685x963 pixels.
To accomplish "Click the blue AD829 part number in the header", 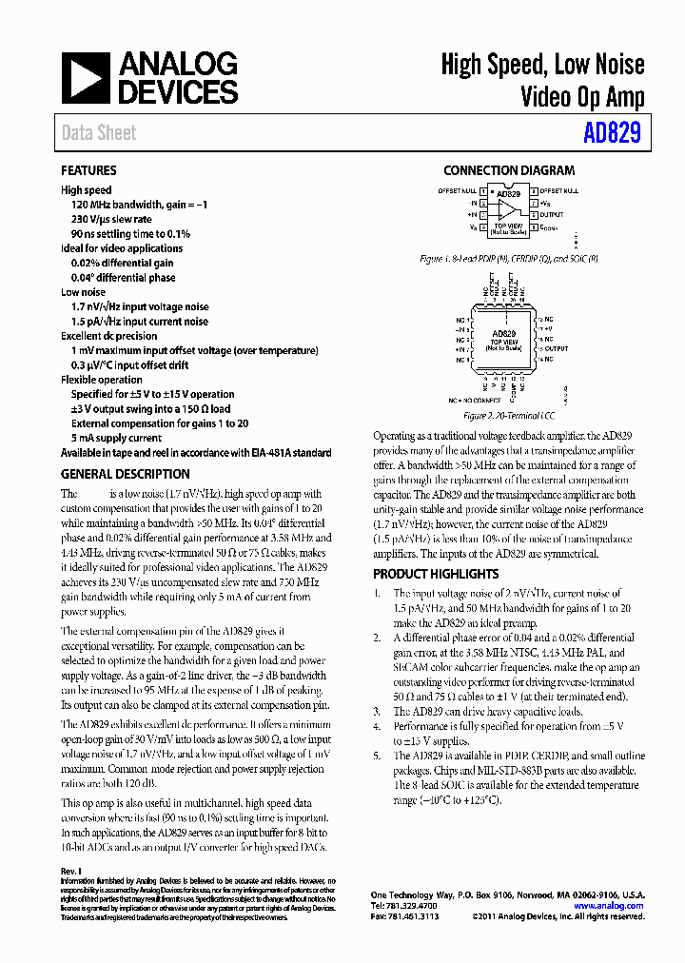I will [x=612, y=133].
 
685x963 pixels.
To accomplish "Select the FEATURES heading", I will [x=88, y=170].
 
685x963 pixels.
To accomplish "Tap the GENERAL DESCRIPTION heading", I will [x=125, y=474].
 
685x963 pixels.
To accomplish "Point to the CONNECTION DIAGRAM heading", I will [x=508, y=170].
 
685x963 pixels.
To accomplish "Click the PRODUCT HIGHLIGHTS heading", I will [x=435, y=574].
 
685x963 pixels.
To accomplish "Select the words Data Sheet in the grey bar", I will [x=99, y=133].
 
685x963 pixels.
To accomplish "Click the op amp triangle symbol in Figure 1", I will [x=509, y=209].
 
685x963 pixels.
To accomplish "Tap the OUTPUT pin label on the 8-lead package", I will [x=552, y=215].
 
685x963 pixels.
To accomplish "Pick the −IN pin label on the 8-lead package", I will [x=471, y=203].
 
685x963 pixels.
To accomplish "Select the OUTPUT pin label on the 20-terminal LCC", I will [x=557, y=349].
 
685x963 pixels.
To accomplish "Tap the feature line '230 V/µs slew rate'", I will [x=111, y=219].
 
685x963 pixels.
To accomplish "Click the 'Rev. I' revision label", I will [x=70, y=871].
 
